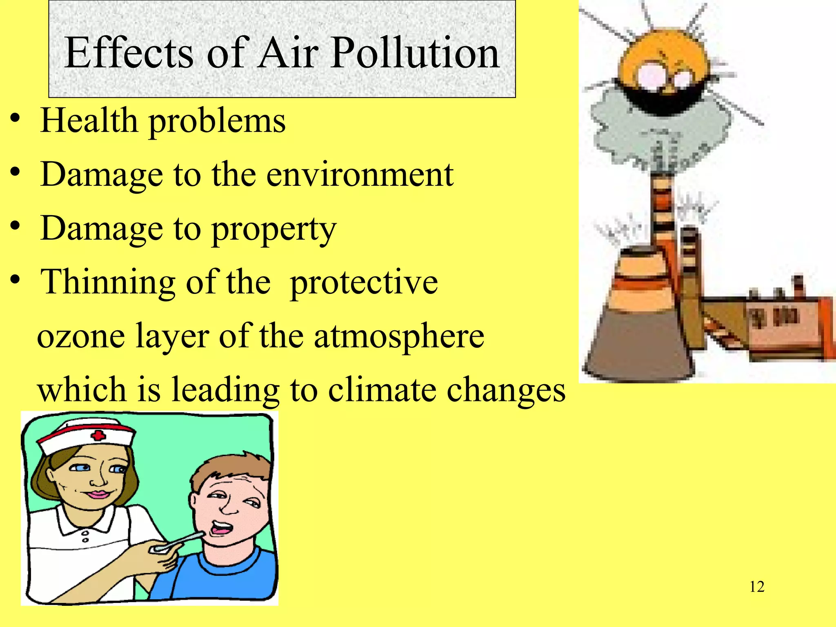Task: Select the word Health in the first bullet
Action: tap(89, 121)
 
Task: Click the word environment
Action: tap(360, 175)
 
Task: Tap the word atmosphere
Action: tap(399, 336)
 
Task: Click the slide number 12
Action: tap(757, 587)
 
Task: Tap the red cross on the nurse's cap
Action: tap(98, 436)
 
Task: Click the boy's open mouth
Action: tap(220, 529)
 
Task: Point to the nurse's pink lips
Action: tap(97, 495)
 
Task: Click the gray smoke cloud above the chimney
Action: tap(637, 127)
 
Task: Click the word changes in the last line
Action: tap(506, 390)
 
